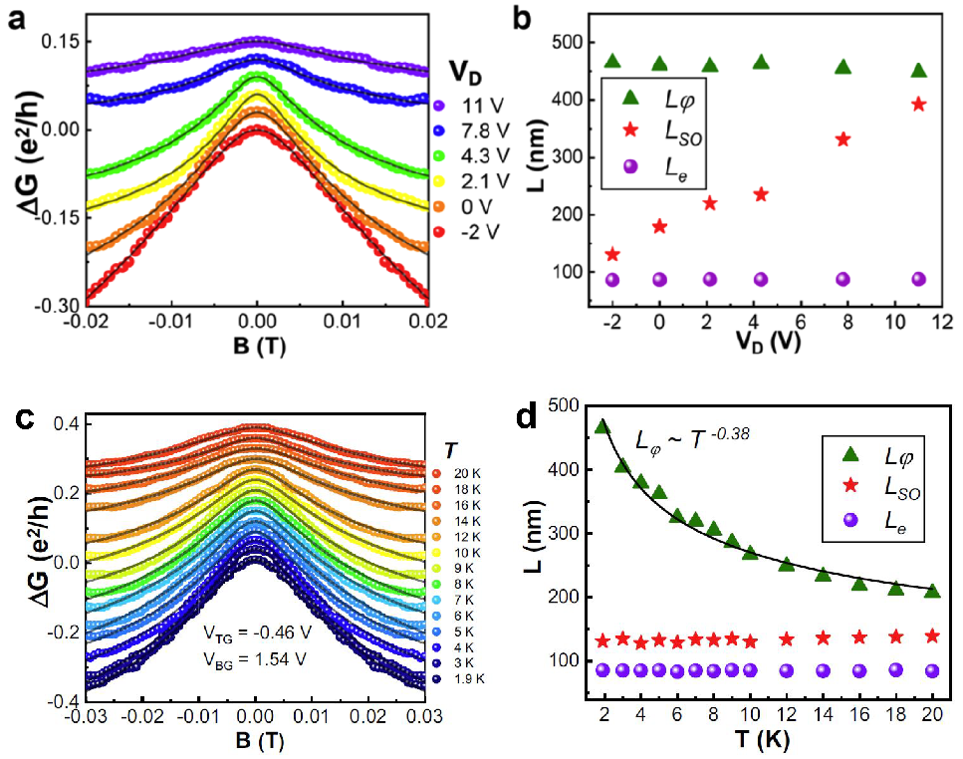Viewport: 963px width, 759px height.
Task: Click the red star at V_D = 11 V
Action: (918, 104)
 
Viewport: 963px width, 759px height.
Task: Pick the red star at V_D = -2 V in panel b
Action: (612, 255)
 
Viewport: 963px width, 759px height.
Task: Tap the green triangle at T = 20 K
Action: (931, 591)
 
